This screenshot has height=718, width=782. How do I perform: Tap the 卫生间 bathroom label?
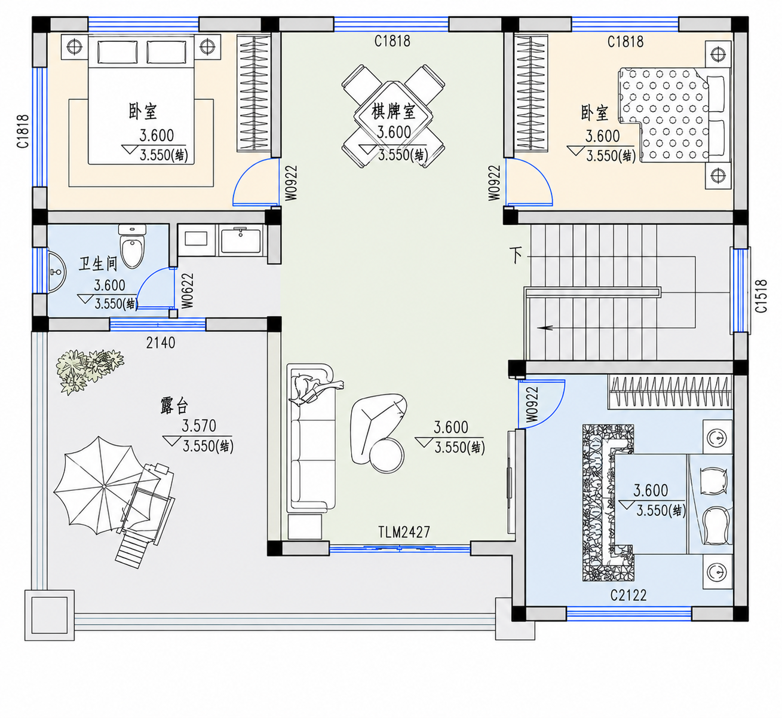98,264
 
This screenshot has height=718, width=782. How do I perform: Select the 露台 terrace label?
174,406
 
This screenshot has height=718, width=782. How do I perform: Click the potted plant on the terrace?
90,370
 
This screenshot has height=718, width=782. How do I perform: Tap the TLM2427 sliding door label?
404,531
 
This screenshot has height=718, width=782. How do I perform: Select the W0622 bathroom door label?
188,291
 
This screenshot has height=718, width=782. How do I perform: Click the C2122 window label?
628,595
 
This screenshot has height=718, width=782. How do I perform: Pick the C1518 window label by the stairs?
761,296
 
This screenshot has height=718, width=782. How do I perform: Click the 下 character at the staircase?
516,255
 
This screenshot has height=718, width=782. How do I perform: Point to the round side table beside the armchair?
387,456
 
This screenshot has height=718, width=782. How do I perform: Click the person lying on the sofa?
316,389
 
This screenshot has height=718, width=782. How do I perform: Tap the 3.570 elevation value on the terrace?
199,426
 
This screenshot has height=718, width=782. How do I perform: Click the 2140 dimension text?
161,343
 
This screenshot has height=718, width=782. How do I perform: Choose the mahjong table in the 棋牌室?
393,117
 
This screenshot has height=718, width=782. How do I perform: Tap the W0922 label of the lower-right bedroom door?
532,404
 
